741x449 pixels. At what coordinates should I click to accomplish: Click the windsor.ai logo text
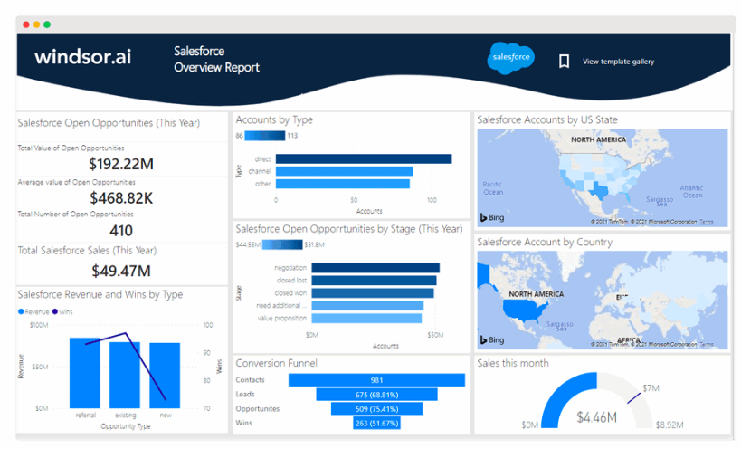[x=82, y=57]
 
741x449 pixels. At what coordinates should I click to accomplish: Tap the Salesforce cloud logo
[x=511, y=57]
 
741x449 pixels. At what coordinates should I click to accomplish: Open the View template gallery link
[x=618, y=62]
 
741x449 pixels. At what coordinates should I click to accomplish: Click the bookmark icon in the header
[x=564, y=62]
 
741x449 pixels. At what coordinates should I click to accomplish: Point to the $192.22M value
[x=121, y=164]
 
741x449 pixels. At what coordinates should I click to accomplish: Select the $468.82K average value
[x=121, y=197]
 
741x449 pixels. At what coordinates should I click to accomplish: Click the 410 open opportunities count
[x=121, y=230]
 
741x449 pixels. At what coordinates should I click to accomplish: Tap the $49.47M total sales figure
[x=121, y=270]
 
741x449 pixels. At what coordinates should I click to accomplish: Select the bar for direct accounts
[x=363, y=159]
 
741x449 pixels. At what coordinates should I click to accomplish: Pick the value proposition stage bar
[x=366, y=318]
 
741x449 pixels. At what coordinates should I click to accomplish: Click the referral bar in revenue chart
[x=85, y=373]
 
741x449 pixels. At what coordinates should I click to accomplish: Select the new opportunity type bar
[x=165, y=375]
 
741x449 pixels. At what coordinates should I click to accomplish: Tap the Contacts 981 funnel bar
[x=376, y=380]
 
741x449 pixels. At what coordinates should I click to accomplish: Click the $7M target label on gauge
[x=651, y=387]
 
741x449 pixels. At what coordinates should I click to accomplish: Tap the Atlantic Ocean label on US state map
[x=692, y=191]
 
